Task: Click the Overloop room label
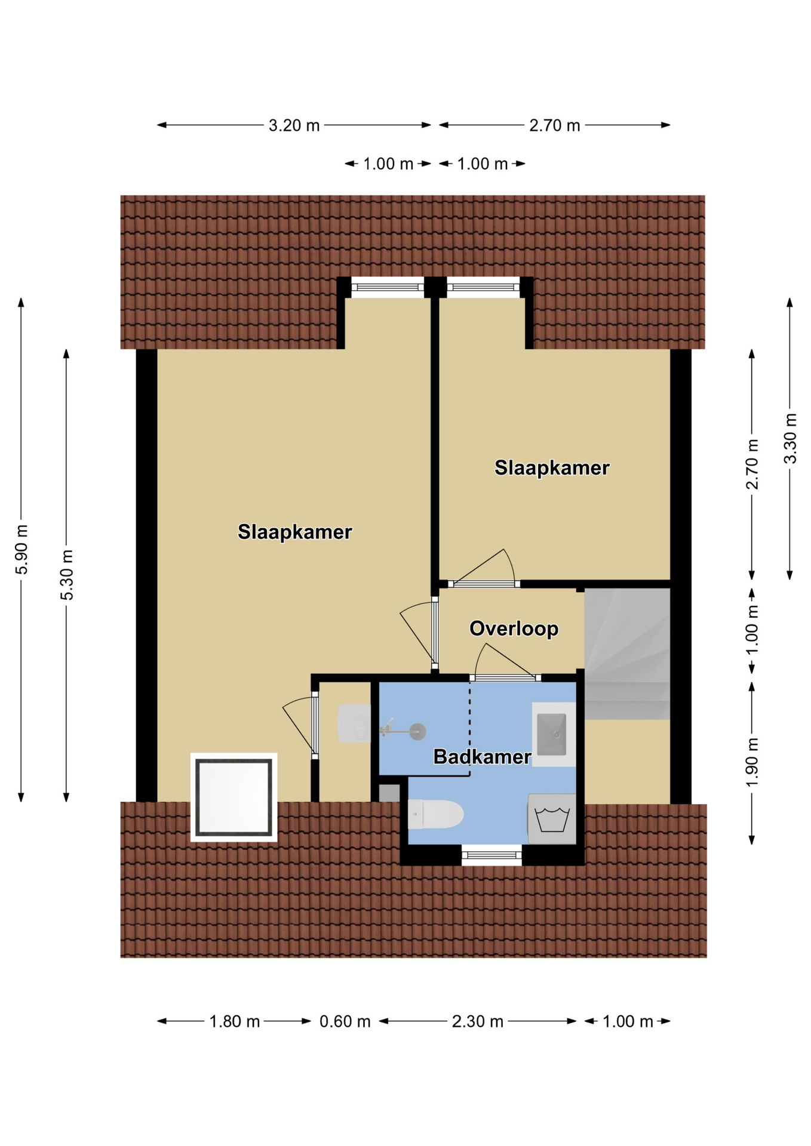pos(514,629)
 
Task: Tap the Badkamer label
pos(482,757)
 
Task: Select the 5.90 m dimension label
pos(21,550)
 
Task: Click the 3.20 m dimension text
pos(294,125)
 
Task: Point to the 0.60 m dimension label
pos(345,1021)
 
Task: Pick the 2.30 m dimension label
pos(477,1021)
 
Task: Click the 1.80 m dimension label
pos(234,1021)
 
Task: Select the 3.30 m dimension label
pos(790,438)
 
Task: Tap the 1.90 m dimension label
pos(752,762)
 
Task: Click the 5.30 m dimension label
pos(67,575)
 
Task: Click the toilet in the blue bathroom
pos(435,814)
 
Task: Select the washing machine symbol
pos(551,819)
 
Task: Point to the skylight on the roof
pos(234,797)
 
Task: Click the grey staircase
pos(627,654)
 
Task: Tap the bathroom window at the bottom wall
pos(491,855)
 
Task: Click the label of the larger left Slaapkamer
pos(295,532)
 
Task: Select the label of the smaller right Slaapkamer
pos(552,467)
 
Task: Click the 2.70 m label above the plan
pos(554,125)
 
